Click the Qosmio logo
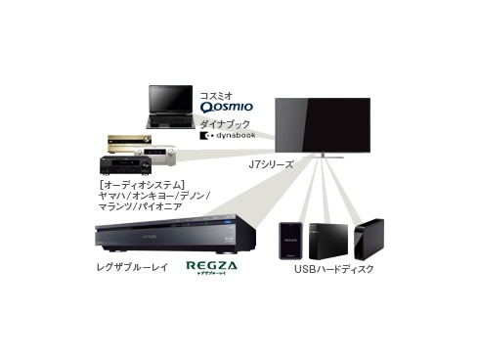(x=225, y=106)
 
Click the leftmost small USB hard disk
(x=289, y=240)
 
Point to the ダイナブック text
(x=221, y=124)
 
